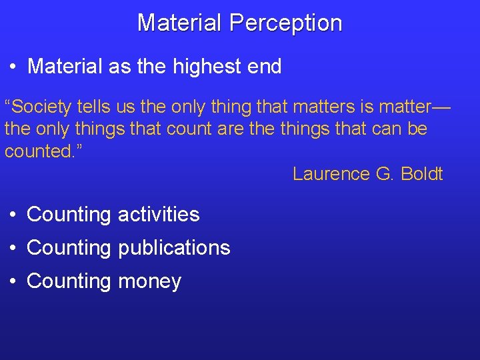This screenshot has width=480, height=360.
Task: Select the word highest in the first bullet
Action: tap(205, 67)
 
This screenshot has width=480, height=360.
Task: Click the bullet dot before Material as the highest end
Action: tap(13, 67)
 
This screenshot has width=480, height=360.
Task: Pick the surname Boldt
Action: tap(422, 174)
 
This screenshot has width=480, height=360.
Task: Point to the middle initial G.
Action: tap(385, 174)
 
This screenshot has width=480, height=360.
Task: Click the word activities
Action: tap(158, 215)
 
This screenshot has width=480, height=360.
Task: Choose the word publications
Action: tap(173, 248)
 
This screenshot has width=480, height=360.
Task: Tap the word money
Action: tap(149, 281)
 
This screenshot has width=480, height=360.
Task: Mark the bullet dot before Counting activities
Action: tap(13, 215)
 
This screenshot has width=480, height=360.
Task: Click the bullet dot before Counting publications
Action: tap(13, 249)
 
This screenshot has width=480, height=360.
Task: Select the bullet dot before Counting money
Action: tap(13, 282)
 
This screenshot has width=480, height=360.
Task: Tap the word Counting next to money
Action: tap(69, 281)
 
